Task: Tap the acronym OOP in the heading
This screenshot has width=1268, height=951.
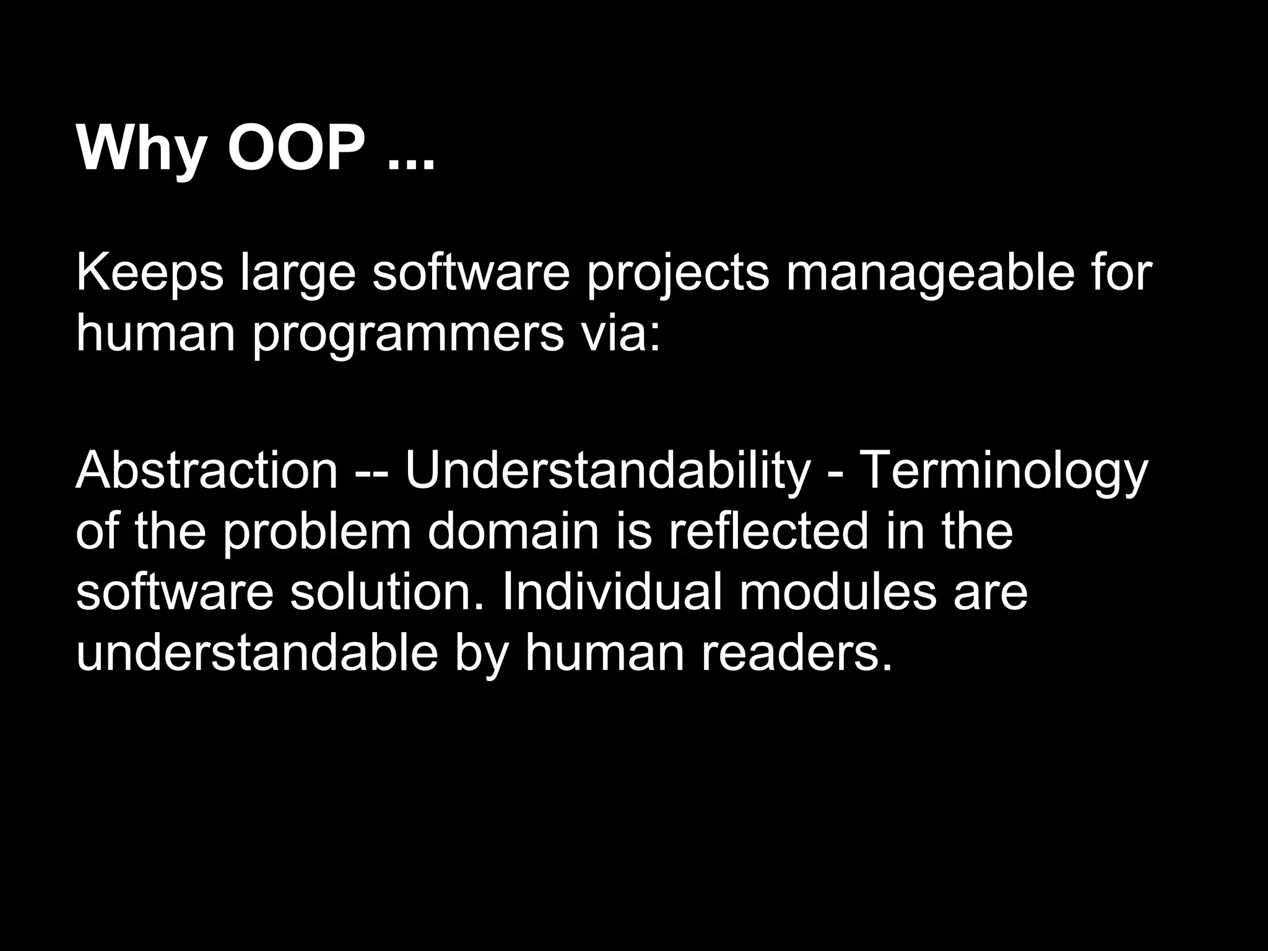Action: [x=297, y=149]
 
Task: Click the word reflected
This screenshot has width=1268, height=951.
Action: [x=768, y=531]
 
